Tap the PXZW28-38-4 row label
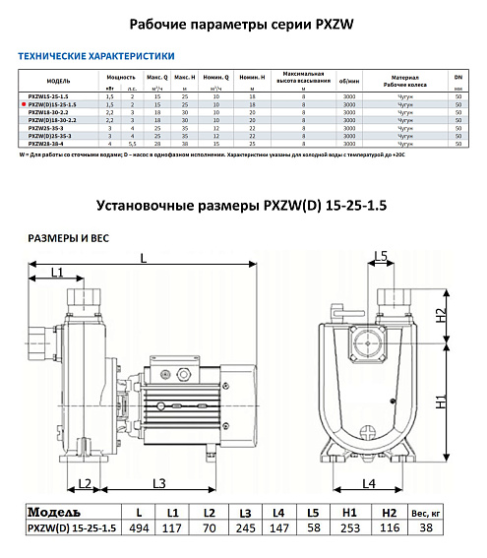coord(56,144)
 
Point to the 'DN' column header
coord(458,76)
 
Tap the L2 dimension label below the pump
coord(86,483)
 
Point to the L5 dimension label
coord(382,258)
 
